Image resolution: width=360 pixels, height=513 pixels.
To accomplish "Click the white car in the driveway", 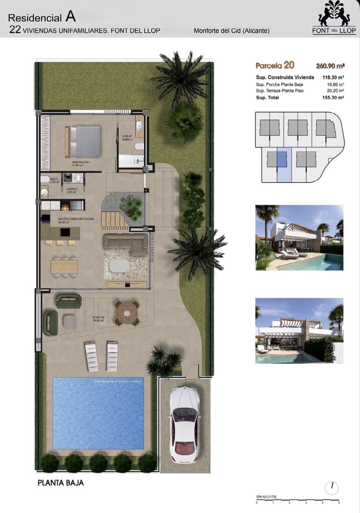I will coord(185,423).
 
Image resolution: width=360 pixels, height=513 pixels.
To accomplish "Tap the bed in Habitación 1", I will coord(83,141).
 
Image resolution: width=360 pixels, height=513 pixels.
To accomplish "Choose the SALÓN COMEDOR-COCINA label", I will coord(76,219).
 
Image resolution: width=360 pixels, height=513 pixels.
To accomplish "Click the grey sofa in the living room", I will coord(126,243).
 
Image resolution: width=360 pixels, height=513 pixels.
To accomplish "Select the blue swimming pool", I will coord(98,413).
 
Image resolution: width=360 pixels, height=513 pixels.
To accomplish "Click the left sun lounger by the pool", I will coord(92,355).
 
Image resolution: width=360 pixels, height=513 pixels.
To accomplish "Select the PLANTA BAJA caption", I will coord(61,483).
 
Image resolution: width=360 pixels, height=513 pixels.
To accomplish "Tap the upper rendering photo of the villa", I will coord(299,238).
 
